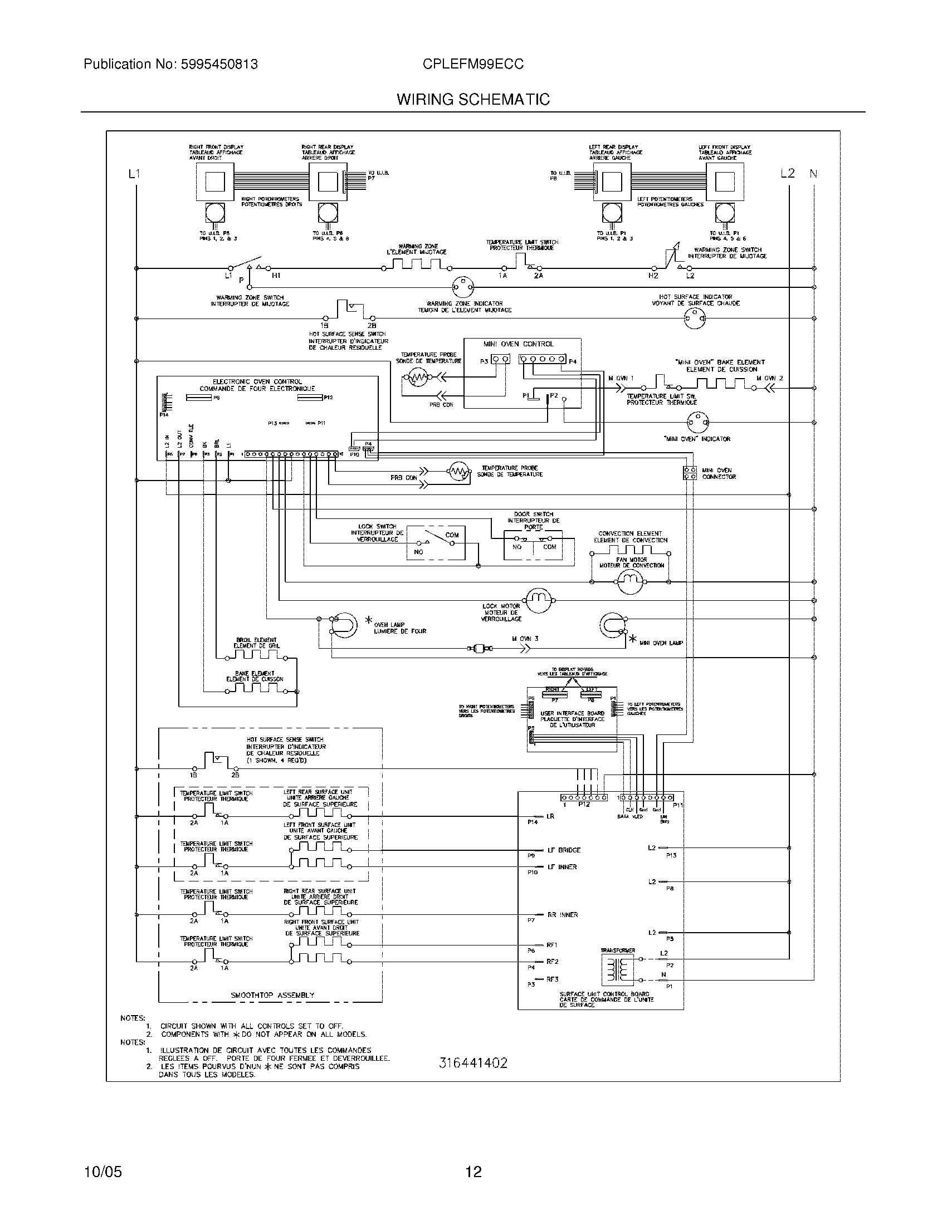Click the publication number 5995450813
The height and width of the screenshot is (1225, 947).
click(x=219, y=65)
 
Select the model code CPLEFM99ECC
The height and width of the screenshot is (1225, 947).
click(x=473, y=65)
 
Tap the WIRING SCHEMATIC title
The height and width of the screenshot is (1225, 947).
click(x=473, y=100)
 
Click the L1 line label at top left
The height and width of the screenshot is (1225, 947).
click(x=134, y=174)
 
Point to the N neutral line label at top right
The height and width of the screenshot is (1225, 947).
click(x=813, y=174)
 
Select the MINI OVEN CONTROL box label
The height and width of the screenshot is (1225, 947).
click(x=522, y=344)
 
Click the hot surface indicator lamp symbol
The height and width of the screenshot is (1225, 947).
click(x=694, y=319)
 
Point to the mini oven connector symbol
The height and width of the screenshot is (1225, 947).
click(x=690, y=473)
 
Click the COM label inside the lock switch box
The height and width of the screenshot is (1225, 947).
click(x=452, y=535)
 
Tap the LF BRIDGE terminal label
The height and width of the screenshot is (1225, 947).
click(x=563, y=850)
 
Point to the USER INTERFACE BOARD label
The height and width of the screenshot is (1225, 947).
click(x=572, y=713)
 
